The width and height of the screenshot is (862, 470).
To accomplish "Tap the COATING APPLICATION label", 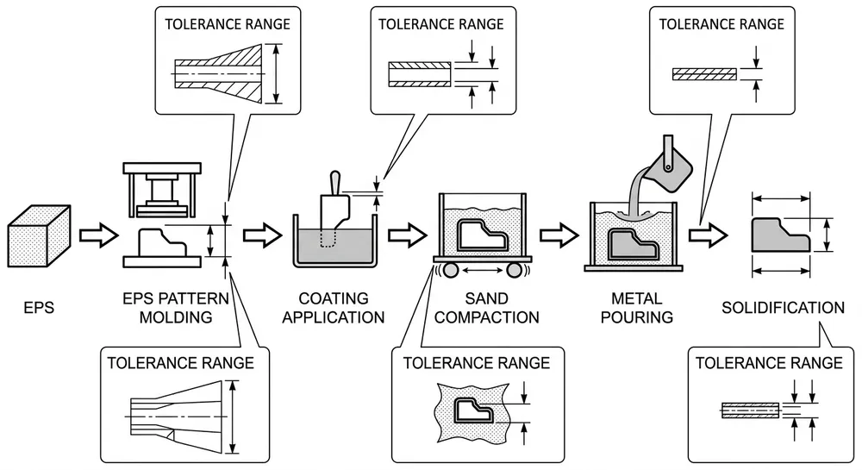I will click(332, 308).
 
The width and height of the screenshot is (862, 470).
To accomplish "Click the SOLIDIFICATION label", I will click(783, 307).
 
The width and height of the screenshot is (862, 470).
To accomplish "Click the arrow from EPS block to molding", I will click(97, 234).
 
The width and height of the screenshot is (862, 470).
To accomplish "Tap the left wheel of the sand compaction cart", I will click(446, 270).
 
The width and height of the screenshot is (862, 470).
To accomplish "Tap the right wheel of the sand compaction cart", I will click(515, 270).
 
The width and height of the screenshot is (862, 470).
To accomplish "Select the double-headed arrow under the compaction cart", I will click(480, 271).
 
